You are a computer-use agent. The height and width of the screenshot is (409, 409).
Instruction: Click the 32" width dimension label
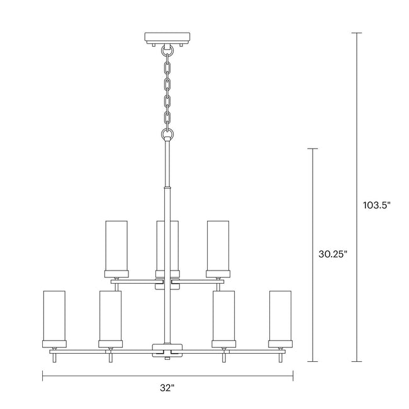click(x=167, y=388)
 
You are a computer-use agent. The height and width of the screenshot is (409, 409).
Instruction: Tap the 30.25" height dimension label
click(x=333, y=254)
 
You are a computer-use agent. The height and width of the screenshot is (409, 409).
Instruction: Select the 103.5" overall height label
click(x=377, y=205)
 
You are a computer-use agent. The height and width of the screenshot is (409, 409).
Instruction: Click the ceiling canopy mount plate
click(x=167, y=38)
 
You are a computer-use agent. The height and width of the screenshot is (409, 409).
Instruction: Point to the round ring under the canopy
click(x=167, y=50)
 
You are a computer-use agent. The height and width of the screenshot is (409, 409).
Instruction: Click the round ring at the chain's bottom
click(x=167, y=135)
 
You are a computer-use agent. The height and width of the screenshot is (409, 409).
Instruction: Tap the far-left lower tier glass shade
click(x=54, y=316)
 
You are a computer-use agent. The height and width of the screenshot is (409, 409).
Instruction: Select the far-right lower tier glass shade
click(x=281, y=316)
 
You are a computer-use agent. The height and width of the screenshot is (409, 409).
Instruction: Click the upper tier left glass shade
click(x=116, y=245)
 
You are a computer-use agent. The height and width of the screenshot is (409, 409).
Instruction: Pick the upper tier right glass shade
click(x=218, y=245)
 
